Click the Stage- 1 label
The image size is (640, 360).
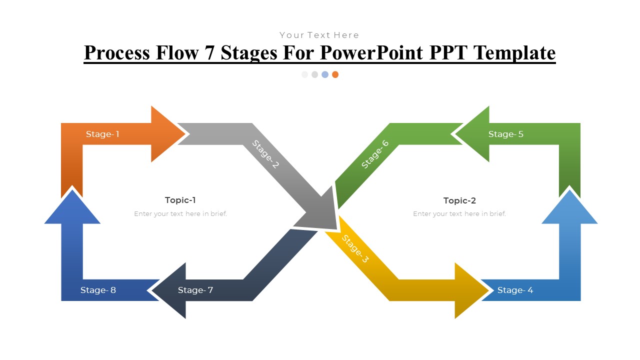102,134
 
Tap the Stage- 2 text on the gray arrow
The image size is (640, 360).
265,154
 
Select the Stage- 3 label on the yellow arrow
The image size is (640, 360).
355,249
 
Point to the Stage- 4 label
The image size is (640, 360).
515,290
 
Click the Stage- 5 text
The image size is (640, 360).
506,134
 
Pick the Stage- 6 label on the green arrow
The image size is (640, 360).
375,154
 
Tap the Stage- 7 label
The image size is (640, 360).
195,290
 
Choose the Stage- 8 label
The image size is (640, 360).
98,290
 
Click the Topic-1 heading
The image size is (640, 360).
180,200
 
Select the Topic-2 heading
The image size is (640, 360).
459,200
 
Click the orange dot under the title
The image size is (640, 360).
335,74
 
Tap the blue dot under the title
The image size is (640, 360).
325,74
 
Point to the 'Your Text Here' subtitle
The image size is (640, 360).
319,35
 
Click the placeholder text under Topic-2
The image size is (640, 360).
459,213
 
